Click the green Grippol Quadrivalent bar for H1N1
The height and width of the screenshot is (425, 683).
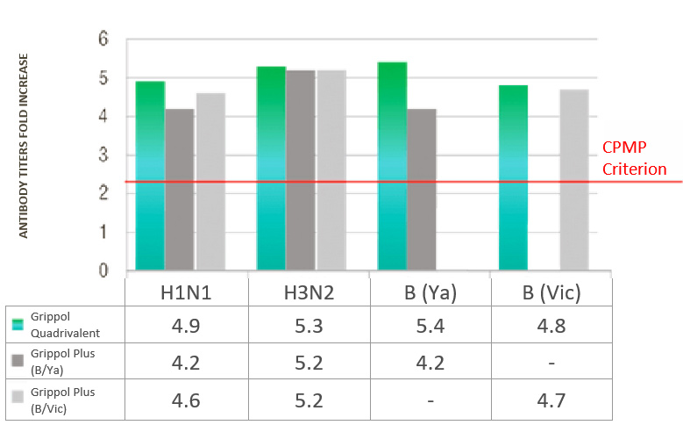(x=150, y=176)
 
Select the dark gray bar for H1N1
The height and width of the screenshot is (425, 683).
(x=180, y=189)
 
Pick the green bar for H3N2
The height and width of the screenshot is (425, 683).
(x=271, y=168)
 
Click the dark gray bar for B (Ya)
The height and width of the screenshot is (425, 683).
(x=422, y=189)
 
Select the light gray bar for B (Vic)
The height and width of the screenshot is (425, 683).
(x=573, y=179)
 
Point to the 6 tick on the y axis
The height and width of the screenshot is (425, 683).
(x=103, y=40)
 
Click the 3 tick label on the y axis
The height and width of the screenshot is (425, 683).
(x=103, y=155)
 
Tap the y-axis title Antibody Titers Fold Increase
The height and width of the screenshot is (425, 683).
(x=25, y=146)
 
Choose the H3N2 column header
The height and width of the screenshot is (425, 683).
(x=309, y=293)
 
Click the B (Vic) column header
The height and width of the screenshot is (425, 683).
(x=551, y=293)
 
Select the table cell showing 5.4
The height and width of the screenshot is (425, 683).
(x=430, y=326)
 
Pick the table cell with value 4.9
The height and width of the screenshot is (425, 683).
(x=187, y=326)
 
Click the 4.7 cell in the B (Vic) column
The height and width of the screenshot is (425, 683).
(x=551, y=400)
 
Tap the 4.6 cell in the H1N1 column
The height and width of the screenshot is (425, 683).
(x=187, y=400)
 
